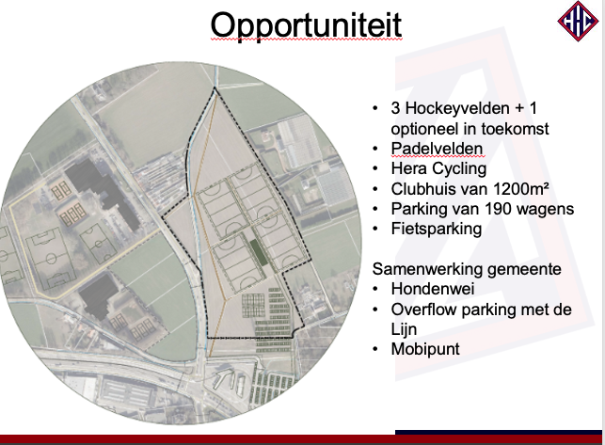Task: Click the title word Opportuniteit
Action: pyautogui.click(x=306, y=25)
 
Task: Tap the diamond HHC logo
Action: pyautogui.click(x=578, y=21)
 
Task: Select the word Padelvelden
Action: pyautogui.click(x=437, y=149)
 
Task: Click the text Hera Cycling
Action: pyautogui.click(x=438, y=168)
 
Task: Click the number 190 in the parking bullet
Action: pyautogui.click(x=498, y=209)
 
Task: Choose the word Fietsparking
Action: pyautogui.click(x=437, y=229)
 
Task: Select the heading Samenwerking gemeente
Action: pyautogui.click(x=467, y=269)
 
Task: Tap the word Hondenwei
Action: pyautogui.click(x=433, y=289)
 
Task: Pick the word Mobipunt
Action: pyautogui.click(x=425, y=349)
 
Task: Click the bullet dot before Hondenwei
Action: pyautogui.click(x=375, y=289)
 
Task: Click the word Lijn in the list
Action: pyautogui.click(x=404, y=329)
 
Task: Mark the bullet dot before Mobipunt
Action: pyautogui.click(x=375, y=349)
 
